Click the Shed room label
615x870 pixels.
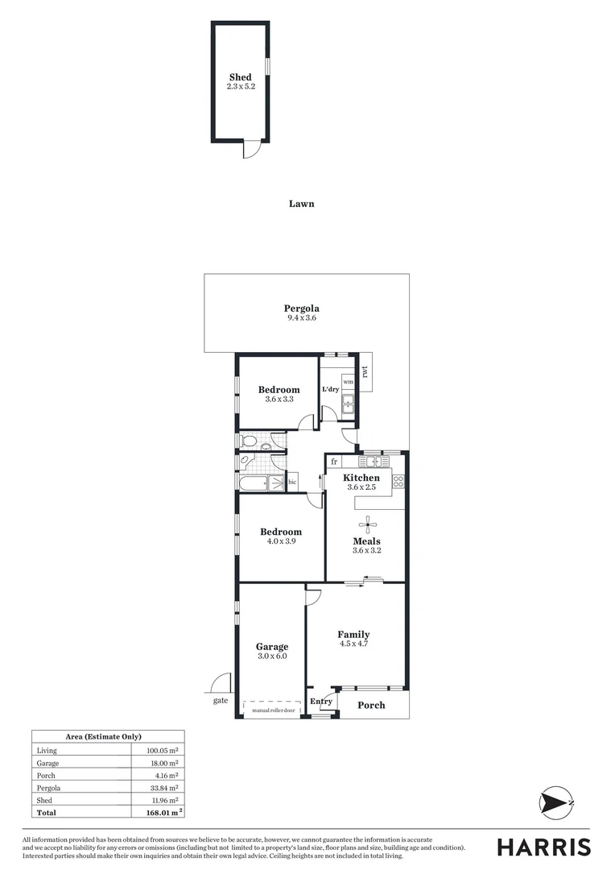click(x=240, y=77)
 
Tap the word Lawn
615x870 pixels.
click(x=301, y=204)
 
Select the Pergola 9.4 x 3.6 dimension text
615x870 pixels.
click(x=302, y=318)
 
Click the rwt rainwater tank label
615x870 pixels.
click(x=365, y=372)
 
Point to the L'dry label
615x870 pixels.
click(x=330, y=389)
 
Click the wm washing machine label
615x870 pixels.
click(x=348, y=381)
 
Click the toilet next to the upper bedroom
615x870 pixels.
click(x=249, y=441)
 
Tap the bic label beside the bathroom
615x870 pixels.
click(x=292, y=483)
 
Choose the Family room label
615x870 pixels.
click(x=353, y=635)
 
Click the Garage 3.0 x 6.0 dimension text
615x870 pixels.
click(x=271, y=657)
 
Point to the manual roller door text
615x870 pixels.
click(x=273, y=710)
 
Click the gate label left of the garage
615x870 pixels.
click(x=221, y=701)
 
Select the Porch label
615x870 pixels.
click(x=371, y=705)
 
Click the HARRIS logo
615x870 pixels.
click(x=543, y=847)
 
